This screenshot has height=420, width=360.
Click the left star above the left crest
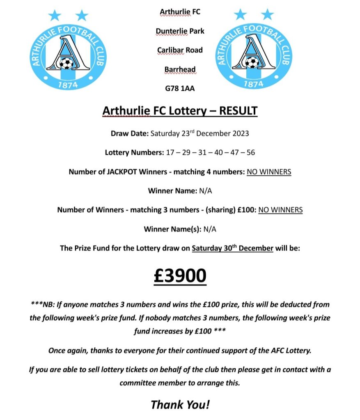click(55, 16)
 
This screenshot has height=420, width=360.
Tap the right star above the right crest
click(267, 15)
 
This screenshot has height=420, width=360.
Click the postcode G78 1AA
click(180, 88)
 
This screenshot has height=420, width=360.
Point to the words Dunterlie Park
click(180, 31)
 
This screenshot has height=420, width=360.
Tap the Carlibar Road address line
click(180, 50)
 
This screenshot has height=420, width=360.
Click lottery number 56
click(250, 152)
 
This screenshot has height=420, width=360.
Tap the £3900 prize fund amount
click(180, 276)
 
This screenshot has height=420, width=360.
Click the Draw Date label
click(130, 133)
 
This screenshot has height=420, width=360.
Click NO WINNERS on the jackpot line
click(269, 172)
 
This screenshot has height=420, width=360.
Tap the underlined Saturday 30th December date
click(232, 248)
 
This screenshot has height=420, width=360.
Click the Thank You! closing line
click(180, 404)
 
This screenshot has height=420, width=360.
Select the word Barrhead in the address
click(180, 69)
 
